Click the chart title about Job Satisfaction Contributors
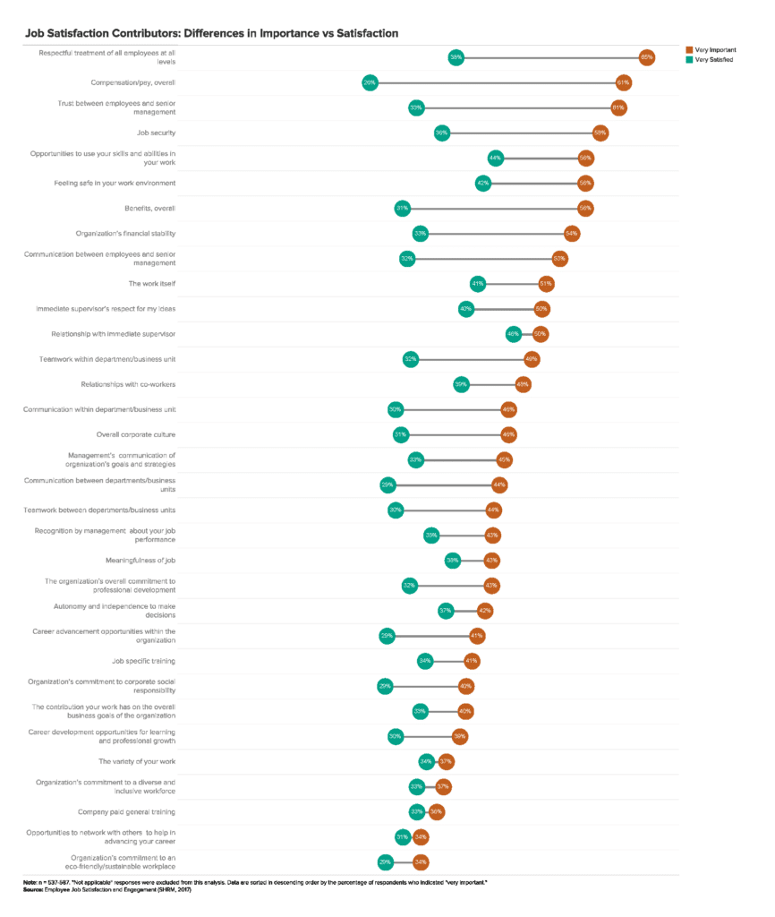tap(211, 33)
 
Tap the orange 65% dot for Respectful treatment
tap(646, 57)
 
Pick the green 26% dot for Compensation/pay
tap(369, 82)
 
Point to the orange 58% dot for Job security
tap(600, 133)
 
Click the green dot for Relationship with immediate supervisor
tap(513, 334)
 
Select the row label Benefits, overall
tap(149, 208)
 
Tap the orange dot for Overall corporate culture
tap(508, 434)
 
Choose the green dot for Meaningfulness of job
tap(453, 560)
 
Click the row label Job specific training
tap(143, 661)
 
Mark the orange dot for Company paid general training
tap(436, 811)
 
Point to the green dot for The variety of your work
tap(426, 761)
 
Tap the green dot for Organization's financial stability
tap(419, 233)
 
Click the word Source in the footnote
tap(35, 888)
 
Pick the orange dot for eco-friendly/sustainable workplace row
tap(420, 861)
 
